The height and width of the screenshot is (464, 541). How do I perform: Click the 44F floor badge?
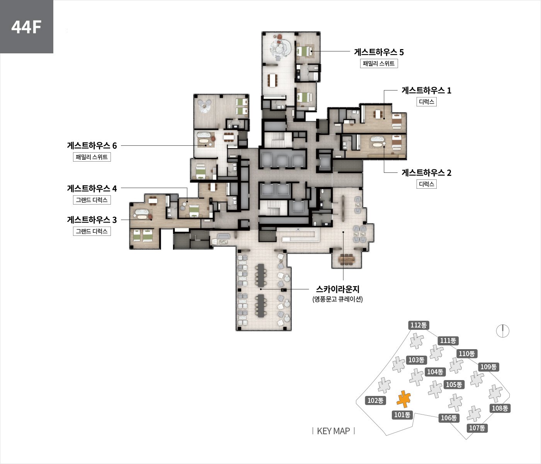pos(26,26)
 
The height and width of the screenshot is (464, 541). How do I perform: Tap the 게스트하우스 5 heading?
pos(379,52)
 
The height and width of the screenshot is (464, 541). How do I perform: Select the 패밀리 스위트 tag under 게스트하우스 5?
pos(379,63)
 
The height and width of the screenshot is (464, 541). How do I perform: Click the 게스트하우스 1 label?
pos(426,90)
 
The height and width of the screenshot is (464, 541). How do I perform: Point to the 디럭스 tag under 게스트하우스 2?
pos(426,184)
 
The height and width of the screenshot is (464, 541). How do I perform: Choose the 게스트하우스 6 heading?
pos(92,146)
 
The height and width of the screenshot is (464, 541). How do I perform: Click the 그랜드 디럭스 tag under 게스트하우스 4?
pos(92,200)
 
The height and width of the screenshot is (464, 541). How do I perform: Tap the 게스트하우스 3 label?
pos(92,220)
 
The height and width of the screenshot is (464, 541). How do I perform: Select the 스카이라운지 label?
pos(338,289)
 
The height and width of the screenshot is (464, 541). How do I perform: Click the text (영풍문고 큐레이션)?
pos(338,299)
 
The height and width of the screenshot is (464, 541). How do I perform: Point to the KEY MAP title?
pos(333,431)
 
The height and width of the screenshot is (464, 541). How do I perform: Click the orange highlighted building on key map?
pos(403,399)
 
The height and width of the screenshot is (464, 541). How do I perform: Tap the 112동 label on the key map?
pos(419,325)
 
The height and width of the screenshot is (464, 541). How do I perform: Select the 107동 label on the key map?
pos(477,428)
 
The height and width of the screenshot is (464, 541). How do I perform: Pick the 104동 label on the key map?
pos(435,372)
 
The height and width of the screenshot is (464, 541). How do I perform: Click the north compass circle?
pos(503,331)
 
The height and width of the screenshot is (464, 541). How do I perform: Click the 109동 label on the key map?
pos(488,367)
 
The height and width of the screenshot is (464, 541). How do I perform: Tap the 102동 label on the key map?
pos(375,400)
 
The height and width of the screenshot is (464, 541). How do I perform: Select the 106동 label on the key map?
pos(449,418)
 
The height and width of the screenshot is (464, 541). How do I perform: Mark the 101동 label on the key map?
pos(402,415)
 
